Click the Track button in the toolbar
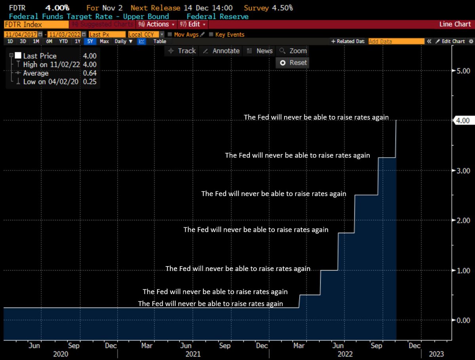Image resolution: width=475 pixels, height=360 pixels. pos(182,51)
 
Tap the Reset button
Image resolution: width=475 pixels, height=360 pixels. pos(293,63)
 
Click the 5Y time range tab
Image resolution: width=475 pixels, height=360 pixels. pos(90,41)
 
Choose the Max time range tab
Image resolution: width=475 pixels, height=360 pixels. pos(104,41)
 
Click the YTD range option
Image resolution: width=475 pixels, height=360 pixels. pos(63,41)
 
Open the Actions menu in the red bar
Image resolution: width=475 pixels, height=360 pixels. pos(156,24)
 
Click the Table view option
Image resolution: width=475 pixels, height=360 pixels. pos(160,41)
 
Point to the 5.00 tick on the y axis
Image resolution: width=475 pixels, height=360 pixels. pos(463,71)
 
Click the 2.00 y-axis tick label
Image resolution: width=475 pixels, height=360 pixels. pos(463,221)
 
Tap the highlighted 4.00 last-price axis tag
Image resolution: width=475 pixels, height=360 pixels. pos(463,120)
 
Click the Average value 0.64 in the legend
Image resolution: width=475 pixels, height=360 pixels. pos(89,73)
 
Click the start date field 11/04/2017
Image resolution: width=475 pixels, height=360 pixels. pos(21,34)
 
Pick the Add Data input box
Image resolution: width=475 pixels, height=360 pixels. pos(396,41)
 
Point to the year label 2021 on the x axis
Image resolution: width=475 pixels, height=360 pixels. pos(193,354)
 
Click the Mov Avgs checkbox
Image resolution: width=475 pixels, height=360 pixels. pos(170,34)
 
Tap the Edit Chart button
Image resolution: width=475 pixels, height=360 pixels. pos(450,41)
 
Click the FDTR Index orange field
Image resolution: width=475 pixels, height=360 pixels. pos(36,25)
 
